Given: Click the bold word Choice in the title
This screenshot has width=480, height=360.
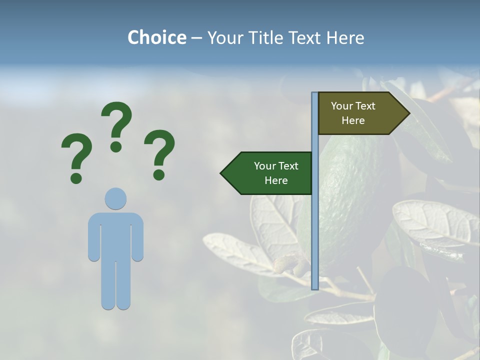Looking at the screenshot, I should pyautogui.click(x=156, y=37).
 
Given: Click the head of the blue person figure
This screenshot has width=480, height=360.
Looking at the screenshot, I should pyautogui.click(x=115, y=198).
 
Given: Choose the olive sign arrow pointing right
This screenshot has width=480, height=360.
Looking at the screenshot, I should pyautogui.click(x=357, y=113).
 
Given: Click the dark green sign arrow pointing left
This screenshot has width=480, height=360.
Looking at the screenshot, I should pyautogui.click(x=270, y=173).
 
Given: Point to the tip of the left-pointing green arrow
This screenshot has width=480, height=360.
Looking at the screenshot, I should pyautogui.click(x=222, y=173).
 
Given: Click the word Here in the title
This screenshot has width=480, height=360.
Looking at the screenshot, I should pyautogui.click(x=345, y=37).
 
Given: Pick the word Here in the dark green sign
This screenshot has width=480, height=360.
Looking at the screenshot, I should pyautogui.click(x=276, y=180).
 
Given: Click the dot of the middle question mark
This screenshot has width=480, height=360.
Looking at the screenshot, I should pyautogui.click(x=116, y=146).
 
